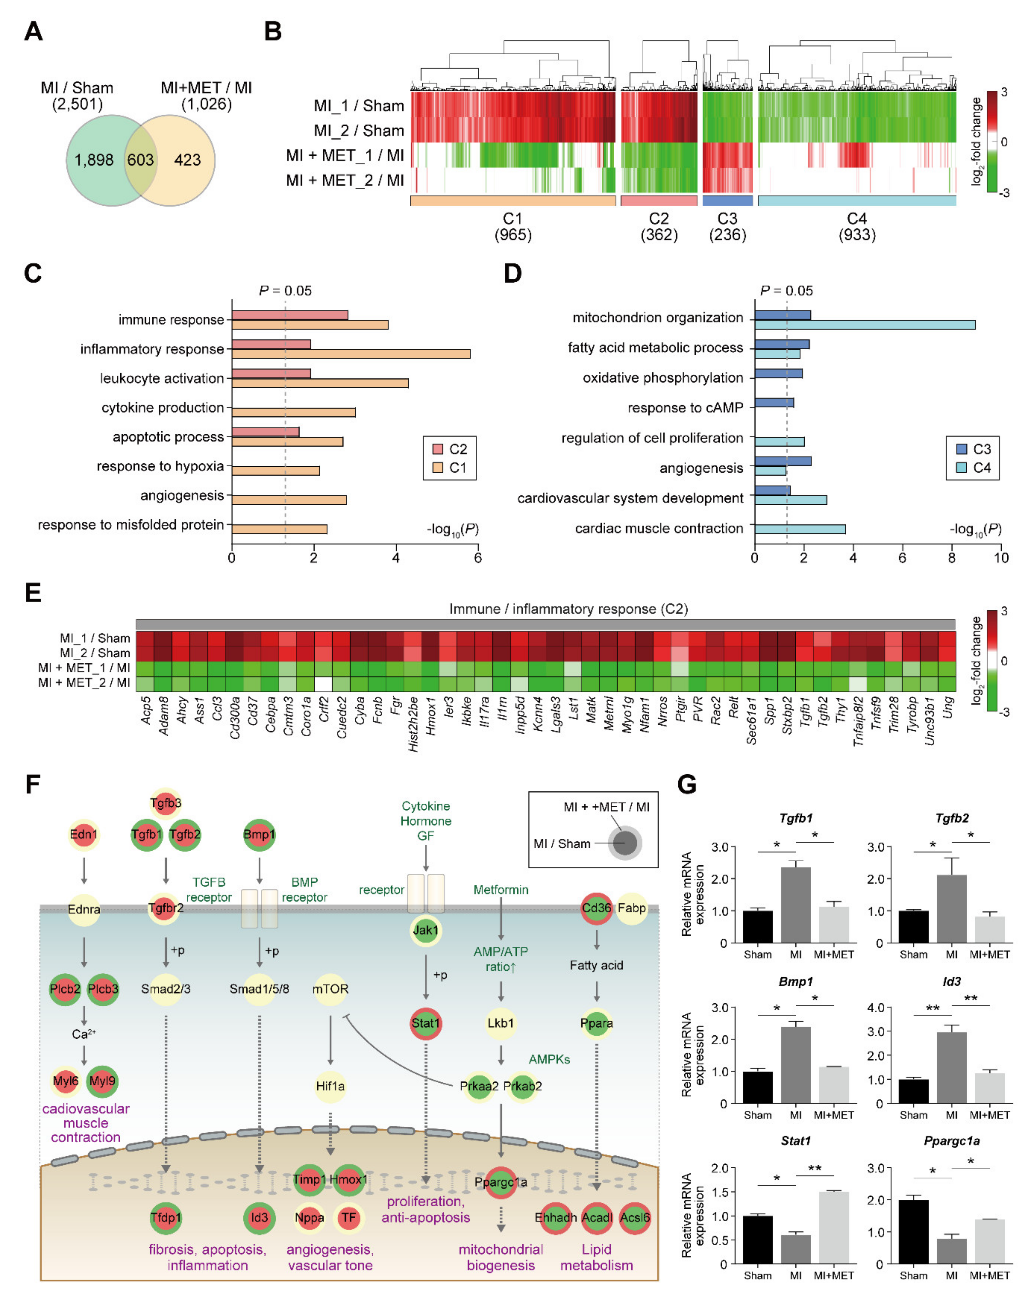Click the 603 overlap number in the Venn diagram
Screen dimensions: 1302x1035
coord(140,160)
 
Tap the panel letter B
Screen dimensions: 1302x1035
coord(273,31)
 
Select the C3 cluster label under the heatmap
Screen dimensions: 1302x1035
coord(727,219)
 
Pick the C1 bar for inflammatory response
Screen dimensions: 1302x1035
coord(350,354)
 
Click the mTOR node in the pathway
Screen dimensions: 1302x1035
coord(330,989)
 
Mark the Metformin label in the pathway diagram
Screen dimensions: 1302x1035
coord(501,890)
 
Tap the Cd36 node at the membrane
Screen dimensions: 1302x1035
coord(596,908)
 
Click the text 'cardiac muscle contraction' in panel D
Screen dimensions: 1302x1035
coord(659,528)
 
